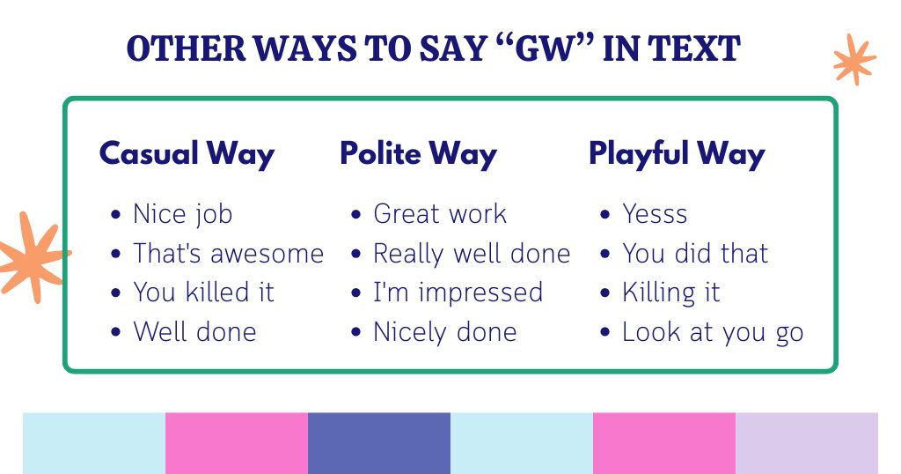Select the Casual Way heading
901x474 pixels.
(187, 153)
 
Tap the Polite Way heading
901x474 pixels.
(418, 153)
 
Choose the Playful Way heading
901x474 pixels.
(677, 153)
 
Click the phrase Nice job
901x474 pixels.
(182, 214)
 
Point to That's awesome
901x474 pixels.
(228, 254)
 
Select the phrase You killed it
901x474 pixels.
(203, 293)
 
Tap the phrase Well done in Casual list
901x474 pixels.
(194, 332)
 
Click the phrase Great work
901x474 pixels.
(440, 214)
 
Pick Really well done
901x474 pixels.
(472, 254)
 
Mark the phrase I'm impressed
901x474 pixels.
(458, 293)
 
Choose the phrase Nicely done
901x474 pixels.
(444, 332)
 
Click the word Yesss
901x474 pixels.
(655, 214)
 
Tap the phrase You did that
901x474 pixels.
(695, 254)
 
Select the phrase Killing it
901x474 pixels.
(670, 293)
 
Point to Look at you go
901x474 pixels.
(713, 332)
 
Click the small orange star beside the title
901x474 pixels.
(853, 59)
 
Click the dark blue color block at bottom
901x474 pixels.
(379, 443)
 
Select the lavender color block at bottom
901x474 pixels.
(806, 443)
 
